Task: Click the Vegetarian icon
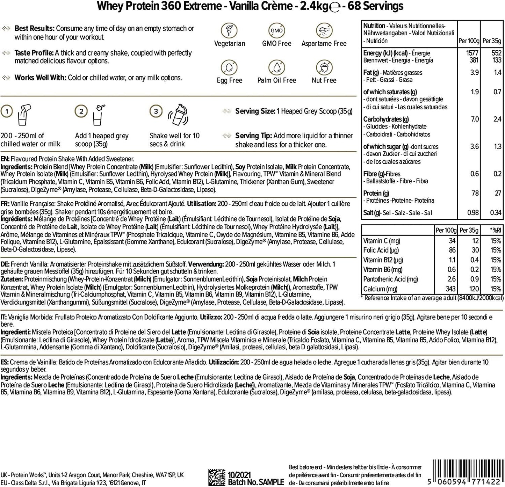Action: [229, 30]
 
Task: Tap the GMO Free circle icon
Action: [276, 30]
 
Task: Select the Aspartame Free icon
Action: [324, 30]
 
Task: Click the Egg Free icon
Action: [229, 67]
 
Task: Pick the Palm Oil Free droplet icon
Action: [276, 67]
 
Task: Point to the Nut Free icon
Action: [324, 67]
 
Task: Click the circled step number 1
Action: [7, 111]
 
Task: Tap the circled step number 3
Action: [156, 111]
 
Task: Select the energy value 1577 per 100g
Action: [472, 53]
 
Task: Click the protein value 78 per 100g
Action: [475, 193]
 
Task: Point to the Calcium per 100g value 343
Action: [450, 289]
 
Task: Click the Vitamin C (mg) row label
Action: [382, 241]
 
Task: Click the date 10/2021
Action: [240, 475]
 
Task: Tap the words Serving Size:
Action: [255, 111]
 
